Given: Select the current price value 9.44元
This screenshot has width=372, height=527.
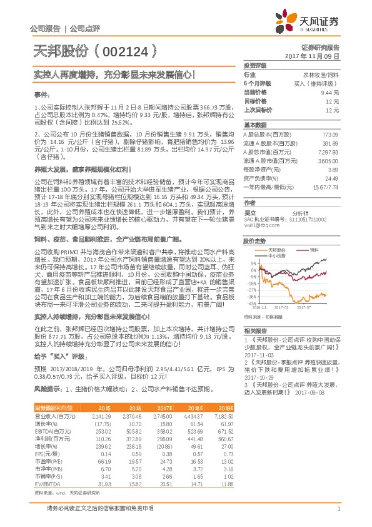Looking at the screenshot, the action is coord(330,91).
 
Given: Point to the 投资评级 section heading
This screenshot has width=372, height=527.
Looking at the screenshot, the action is coord(255,66).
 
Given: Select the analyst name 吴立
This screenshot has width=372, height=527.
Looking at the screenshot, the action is coord(249,213).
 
